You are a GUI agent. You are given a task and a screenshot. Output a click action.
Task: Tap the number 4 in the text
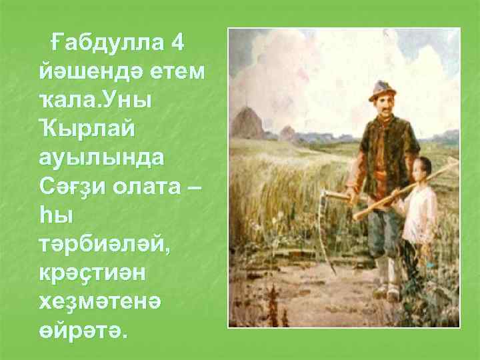click(177, 42)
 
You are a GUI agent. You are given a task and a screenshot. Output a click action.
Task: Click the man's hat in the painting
click(381, 89)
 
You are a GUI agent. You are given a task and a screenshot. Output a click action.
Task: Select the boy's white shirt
click(422, 213)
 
